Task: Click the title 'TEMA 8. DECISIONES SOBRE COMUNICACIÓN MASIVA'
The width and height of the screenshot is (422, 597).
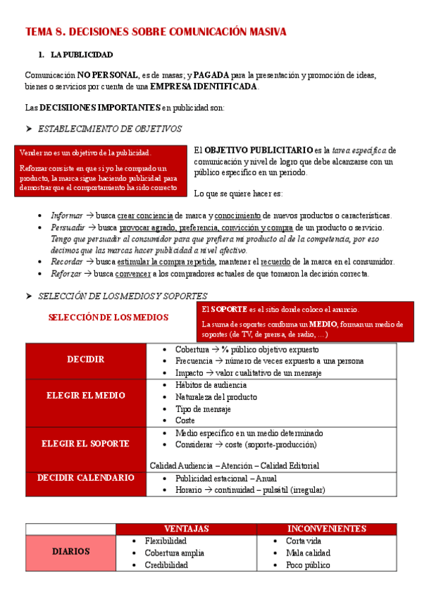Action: tap(156, 32)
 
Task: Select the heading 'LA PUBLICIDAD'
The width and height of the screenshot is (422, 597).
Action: tap(82, 54)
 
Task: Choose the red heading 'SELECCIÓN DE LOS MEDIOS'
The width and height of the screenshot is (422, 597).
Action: tap(108, 318)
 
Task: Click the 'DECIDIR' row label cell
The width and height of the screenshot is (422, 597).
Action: tap(85, 359)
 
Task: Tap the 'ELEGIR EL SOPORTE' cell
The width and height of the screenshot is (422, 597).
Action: tap(85, 444)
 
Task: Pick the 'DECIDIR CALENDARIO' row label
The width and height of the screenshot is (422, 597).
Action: tap(85, 477)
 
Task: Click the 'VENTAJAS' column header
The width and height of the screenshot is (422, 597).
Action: tap(186, 528)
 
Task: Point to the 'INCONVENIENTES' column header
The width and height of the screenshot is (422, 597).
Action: tap(326, 528)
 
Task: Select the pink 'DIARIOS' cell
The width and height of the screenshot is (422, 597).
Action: tap(70, 552)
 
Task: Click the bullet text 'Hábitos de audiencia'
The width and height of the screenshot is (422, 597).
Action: tap(211, 385)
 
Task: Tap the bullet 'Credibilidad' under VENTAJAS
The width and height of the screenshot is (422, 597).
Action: tap(166, 565)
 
